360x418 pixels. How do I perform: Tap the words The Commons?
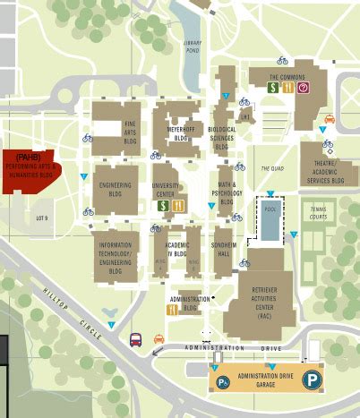click(x=288, y=77)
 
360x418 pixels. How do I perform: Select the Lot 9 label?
click(x=40, y=218)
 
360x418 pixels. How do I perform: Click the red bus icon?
click(x=136, y=339)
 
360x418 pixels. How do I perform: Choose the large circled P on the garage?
click(x=311, y=379)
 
